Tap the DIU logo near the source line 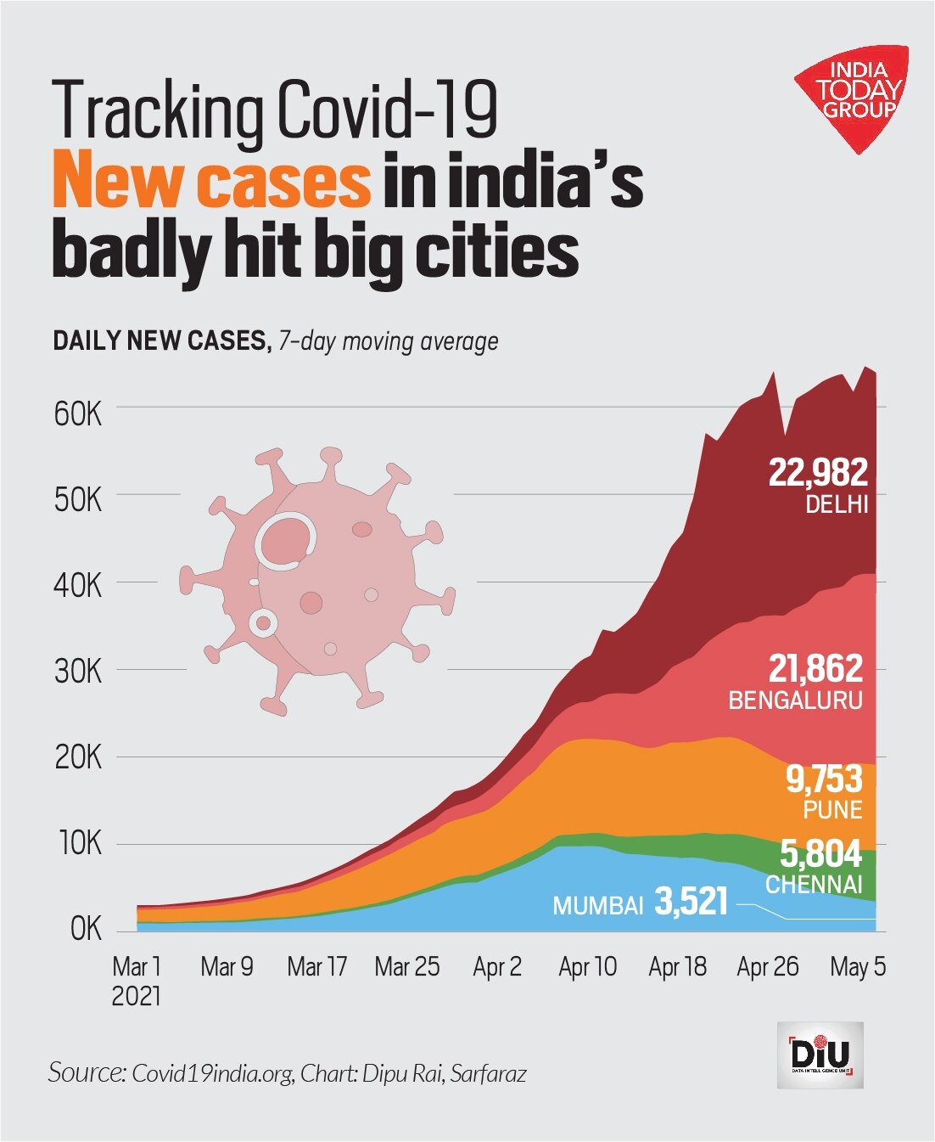[820, 1055]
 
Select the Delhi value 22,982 [818, 472]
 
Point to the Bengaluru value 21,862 [815, 669]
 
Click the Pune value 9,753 [823, 779]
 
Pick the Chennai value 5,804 [820, 853]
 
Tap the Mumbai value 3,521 [691, 902]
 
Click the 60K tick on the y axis [77, 414]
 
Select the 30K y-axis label [77, 672]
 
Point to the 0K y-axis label [85, 929]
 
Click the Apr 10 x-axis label [587, 966]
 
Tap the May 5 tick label [857, 966]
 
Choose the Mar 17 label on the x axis [316, 966]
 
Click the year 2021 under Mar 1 [136, 995]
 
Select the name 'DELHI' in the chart [837, 504]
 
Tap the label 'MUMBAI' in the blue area [598, 906]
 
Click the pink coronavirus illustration [316, 577]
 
